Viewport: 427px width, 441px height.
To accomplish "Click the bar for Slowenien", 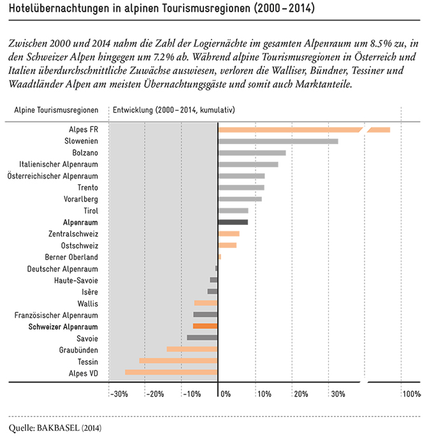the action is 279,141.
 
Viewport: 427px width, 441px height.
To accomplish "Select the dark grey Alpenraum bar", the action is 233,222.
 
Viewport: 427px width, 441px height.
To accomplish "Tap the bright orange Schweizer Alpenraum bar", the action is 205,326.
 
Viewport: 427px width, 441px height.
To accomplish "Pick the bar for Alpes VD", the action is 171,372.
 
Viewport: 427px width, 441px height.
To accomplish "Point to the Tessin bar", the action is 178,361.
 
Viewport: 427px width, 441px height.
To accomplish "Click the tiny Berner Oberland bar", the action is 220,257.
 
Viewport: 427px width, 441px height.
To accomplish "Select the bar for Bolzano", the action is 252,153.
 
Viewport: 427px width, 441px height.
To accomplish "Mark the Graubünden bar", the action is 192,349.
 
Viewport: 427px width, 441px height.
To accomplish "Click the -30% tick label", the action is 119,394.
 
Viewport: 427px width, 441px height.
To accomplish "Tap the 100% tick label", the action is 412,394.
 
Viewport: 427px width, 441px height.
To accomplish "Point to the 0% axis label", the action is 226,394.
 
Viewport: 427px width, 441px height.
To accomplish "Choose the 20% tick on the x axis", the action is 301,394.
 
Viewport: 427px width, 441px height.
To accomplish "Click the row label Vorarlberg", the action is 81,199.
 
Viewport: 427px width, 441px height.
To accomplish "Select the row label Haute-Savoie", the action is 76,280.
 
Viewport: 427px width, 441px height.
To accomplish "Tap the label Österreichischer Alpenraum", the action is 53,176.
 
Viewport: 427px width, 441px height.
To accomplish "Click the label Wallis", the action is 88,304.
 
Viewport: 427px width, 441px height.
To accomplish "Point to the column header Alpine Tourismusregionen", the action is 56,110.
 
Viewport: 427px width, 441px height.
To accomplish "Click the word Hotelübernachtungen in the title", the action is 59,8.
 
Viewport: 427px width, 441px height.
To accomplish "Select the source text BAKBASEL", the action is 58,428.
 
